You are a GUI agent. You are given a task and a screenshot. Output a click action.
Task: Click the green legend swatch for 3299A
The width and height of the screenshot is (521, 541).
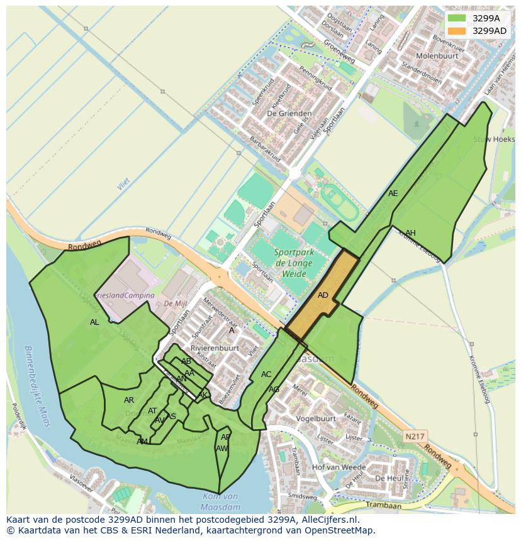(x=457, y=18)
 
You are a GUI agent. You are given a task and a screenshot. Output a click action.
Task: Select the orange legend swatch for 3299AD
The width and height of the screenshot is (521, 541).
(x=457, y=31)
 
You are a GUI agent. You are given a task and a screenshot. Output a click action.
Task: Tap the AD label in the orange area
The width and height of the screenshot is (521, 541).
(x=323, y=295)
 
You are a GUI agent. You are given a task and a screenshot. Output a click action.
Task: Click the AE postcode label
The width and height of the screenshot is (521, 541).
(x=393, y=194)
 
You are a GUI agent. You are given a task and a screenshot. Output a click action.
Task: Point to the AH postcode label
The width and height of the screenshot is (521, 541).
(x=410, y=233)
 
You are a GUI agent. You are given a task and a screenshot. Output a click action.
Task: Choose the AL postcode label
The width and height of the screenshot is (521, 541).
(x=94, y=322)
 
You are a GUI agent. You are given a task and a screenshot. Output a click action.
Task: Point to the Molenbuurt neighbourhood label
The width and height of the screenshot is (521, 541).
(x=435, y=56)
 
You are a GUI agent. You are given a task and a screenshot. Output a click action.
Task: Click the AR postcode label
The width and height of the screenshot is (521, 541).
(x=129, y=400)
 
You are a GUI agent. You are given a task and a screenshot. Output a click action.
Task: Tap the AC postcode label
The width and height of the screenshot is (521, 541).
(x=266, y=374)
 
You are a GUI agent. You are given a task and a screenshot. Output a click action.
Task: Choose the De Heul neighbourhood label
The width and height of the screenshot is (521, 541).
(x=388, y=478)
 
